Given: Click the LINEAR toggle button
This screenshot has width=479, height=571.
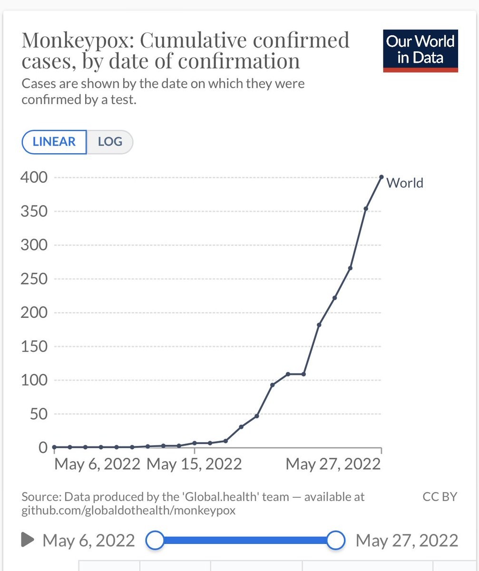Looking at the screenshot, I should coord(54,142).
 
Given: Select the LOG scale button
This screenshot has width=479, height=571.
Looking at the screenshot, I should coord(110,142).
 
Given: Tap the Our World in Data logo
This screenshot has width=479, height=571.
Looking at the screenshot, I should coord(420,51).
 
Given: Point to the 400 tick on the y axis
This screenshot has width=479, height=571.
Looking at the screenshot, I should coord(34,177).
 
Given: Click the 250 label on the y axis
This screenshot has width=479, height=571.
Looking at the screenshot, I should coord(34,279).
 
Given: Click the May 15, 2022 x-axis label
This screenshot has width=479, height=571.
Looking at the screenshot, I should coord(194,463).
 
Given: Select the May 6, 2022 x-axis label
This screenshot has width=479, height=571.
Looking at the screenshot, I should coord(97,463).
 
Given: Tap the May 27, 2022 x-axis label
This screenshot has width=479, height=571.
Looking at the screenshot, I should coord(333,463).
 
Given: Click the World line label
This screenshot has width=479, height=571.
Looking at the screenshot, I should coord(405,183).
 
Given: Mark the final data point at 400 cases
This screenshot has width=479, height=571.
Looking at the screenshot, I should coord(381,177).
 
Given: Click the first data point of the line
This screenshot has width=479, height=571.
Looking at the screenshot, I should coord(54,447).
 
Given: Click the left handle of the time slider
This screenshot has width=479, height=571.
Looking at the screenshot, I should coord(154,540).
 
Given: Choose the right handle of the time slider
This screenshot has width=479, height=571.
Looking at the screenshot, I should coord(336,540).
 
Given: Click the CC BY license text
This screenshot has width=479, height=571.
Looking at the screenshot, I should coord(440,497).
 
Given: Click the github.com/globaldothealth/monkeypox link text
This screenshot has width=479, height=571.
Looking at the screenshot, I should coord(128,511).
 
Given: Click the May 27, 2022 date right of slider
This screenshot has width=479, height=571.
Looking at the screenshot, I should coord(407,541).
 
